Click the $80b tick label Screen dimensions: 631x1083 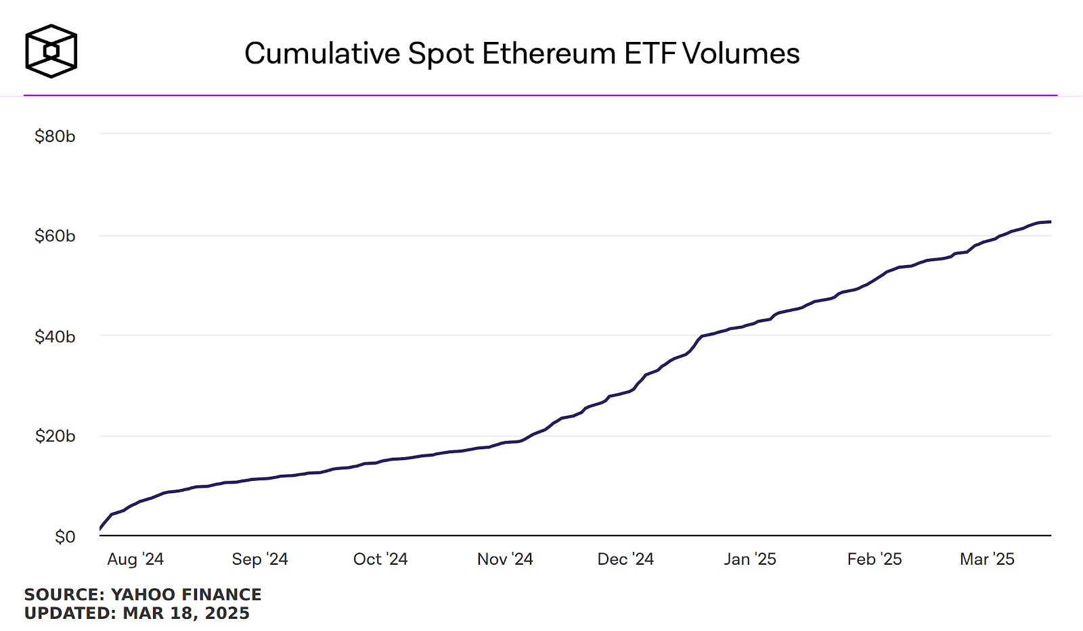pos(55,137)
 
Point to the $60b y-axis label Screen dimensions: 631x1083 pos(55,236)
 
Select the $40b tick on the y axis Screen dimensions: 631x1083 pos(55,337)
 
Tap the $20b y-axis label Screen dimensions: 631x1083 pos(55,436)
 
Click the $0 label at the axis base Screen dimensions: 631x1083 pos(65,537)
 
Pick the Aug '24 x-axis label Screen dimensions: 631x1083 pos(135,559)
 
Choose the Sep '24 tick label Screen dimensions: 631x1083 pos(260,559)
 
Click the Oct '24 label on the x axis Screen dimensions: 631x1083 pos(380,559)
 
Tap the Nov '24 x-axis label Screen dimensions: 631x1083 pos(505,559)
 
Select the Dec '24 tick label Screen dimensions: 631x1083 pos(625,559)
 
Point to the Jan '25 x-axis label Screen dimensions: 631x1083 pos(750,559)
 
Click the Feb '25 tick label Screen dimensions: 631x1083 pos(875,559)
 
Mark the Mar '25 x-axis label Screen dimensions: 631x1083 pos(987,559)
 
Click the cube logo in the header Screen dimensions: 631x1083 pos(51,51)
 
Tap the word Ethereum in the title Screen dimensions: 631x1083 pos(549,54)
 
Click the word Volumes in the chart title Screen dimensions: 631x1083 pos(741,54)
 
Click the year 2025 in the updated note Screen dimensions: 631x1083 pos(227,613)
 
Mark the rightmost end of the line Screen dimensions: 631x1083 pos(1050,222)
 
